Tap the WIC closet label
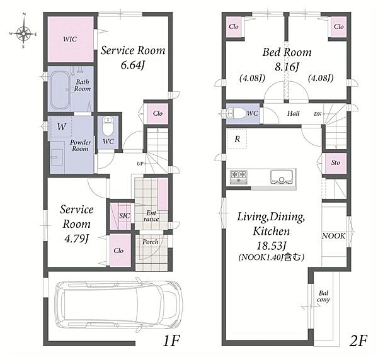(70, 39)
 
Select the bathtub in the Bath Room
(60, 89)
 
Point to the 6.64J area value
(133, 65)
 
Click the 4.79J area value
(76, 239)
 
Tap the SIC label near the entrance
(124, 216)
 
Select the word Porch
(151, 242)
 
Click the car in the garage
(118, 306)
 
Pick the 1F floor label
(171, 340)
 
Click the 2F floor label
(358, 340)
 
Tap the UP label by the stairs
(140, 164)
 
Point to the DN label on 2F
(318, 114)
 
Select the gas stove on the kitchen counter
(239, 177)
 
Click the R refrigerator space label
(238, 139)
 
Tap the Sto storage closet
(336, 163)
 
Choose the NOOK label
(334, 236)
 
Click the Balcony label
(323, 296)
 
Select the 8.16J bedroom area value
(287, 67)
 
